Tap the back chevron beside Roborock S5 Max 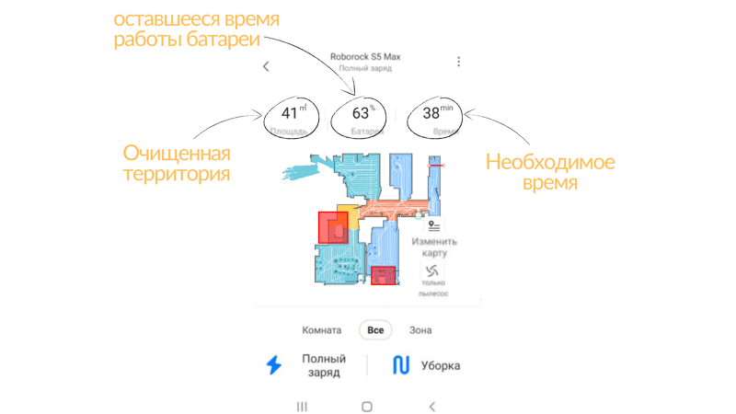click(x=266, y=66)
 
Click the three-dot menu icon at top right click(x=459, y=62)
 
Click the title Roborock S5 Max click(x=365, y=56)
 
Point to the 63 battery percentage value click(x=362, y=113)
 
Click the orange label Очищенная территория click(x=178, y=162)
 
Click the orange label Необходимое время click(x=550, y=172)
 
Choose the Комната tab click(x=322, y=330)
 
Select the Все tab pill click(x=375, y=330)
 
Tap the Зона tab click(x=420, y=330)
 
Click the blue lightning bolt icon click(x=273, y=365)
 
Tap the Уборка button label click(x=441, y=366)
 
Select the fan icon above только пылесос click(x=432, y=270)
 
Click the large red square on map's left click(x=332, y=227)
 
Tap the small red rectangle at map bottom click(x=383, y=275)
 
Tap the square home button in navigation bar click(x=366, y=406)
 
